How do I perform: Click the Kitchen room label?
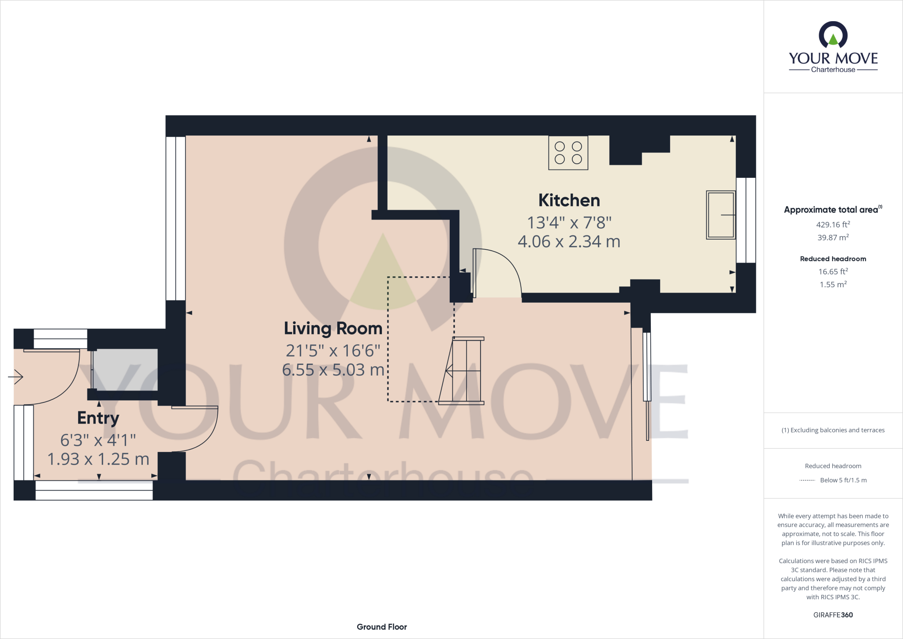coord(569,201)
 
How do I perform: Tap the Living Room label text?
coord(333,329)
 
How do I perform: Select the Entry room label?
coord(98,418)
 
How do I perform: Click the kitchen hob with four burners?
coord(568,153)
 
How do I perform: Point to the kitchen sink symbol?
coord(720,215)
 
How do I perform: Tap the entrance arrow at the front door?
coord(16,377)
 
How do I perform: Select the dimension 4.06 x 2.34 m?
coord(569,242)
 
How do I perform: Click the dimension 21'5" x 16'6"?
coord(333,351)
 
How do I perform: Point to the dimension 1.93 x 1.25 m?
coord(98,459)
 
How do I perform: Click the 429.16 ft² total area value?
coord(832,225)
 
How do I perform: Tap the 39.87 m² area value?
coord(832,237)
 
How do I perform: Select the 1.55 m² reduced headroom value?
coord(832,285)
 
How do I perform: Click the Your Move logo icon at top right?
coord(833,35)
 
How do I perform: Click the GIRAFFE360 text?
coord(832,615)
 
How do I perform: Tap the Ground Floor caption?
coord(381,627)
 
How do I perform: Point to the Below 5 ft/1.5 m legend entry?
coord(843,480)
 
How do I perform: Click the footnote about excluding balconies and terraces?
coord(832,430)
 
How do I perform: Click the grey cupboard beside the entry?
coord(125,370)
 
